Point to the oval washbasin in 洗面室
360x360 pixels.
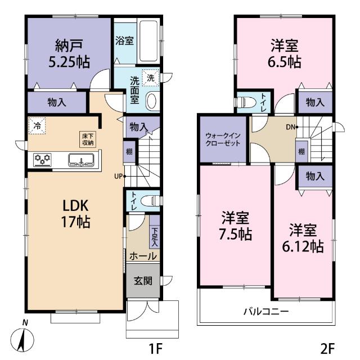click(x=151, y=100)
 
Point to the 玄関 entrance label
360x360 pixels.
click(x=142, y=281)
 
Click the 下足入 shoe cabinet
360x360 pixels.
click(x=154, y=237)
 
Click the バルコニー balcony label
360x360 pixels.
click(x=266, y=311)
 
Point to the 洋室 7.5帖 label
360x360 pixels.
click(x=236, y=225)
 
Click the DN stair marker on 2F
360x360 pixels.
click(x=291, y=127)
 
